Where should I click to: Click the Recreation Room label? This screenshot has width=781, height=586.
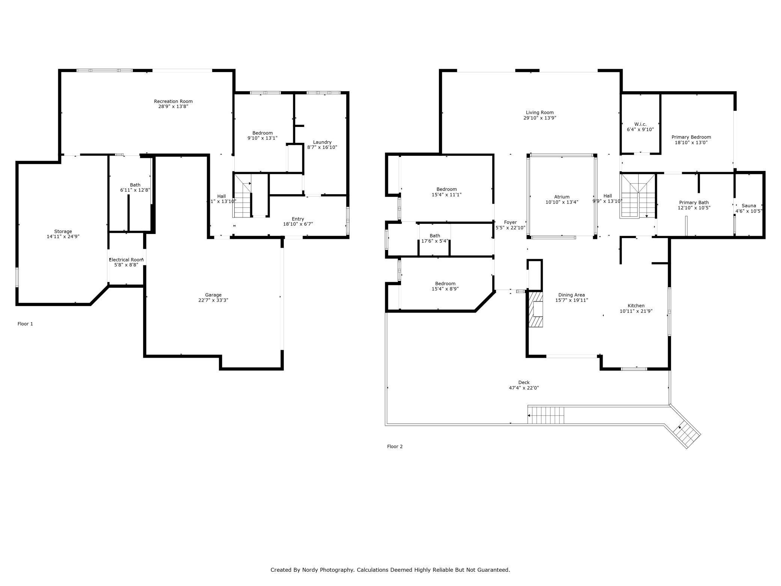click(x=173, y=101)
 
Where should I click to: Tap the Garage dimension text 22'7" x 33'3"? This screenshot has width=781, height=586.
click(x=213, y=300)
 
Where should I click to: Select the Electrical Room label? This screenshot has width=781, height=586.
click(x=126, y=260)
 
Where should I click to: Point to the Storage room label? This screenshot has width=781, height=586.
click(x=63, y=231)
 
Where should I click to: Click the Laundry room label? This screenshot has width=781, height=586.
click(x=322, y=142)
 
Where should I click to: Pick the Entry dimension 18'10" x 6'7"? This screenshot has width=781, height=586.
click(x=298, y=224)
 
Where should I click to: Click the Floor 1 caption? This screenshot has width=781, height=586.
click(x=25, y=324)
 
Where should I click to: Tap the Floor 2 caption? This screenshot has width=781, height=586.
click(x=395, y=447)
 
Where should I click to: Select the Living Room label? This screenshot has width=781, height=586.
click(x=540, y=112)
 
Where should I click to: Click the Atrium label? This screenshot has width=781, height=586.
click(x=562, y=197)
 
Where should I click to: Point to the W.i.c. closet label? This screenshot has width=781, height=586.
click(x=640, y=124)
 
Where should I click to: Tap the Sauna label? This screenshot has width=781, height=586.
click(x=749, y=206)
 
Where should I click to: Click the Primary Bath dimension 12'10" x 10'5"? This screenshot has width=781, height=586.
click(x=694, y=208)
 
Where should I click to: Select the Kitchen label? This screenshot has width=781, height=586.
click(x=636, y=306)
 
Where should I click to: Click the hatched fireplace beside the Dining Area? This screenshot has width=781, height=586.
click(x=536, y=309)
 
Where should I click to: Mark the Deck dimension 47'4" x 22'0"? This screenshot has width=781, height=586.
click(x=524, y=388)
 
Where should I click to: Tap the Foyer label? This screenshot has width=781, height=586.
click(x=510, y=222)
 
